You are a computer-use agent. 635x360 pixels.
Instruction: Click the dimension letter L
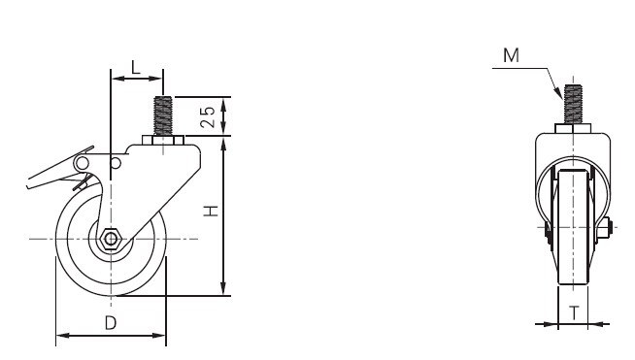click(x=135, y=67)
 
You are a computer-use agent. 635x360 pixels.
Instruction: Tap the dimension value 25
click(x=208, y=116)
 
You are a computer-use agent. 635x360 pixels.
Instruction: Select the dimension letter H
click(x=211, y=211)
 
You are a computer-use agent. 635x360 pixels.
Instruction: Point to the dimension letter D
click(x=111, y=323)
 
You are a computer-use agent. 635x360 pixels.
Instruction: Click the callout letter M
click(x=511, y=55)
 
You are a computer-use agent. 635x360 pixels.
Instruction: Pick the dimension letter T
click(x=574, y=312)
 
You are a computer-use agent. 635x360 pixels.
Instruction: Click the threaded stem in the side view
click(x=163, y=116)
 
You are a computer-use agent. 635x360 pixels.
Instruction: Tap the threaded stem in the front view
click(x=573, y=105)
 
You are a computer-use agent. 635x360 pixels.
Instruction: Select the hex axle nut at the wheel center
click(x=110, y=239)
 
